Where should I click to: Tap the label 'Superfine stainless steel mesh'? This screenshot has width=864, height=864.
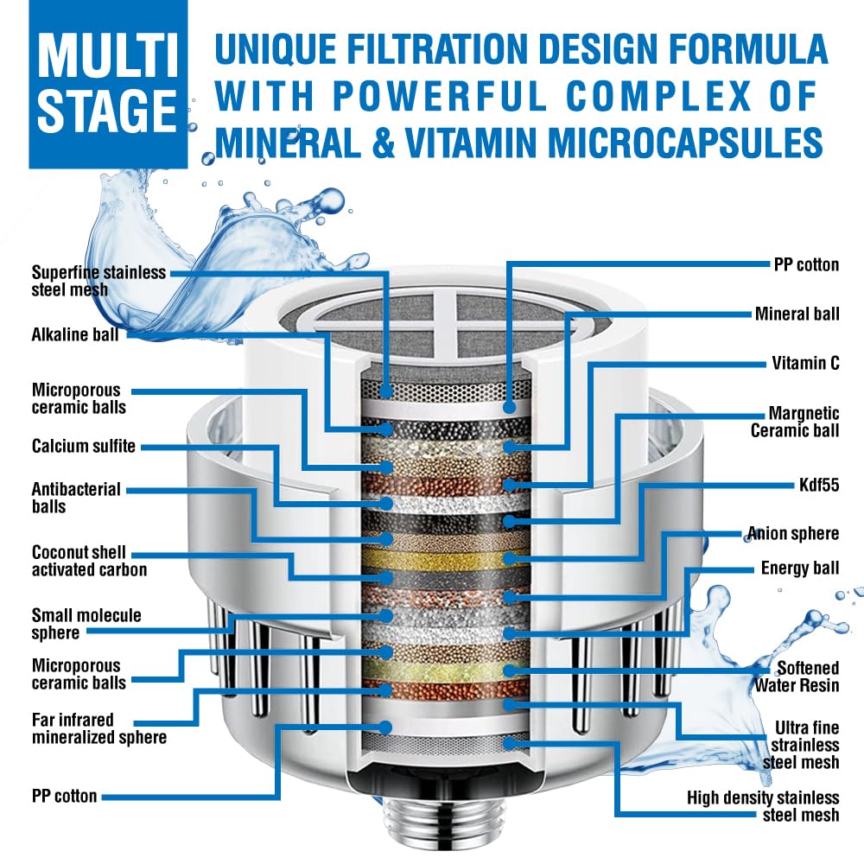tap(98, 281)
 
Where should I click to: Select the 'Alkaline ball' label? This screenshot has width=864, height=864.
tap(75, 334)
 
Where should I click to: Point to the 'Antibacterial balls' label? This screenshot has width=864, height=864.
tap(75, 498)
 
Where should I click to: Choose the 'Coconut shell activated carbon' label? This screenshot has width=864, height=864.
tap(89, 561)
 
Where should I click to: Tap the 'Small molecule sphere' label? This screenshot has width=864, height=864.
tap(86, 624)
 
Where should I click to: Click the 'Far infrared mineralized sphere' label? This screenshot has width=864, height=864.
tap(98, 727)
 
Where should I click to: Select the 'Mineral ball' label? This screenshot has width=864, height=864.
tap(797, 314)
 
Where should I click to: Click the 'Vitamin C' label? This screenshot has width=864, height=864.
tap(804, 363)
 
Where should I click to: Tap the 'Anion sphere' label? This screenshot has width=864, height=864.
tap(793, 533)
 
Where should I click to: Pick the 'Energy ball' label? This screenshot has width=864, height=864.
tap(800, 568)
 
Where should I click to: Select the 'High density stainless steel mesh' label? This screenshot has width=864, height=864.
tap(763, 805)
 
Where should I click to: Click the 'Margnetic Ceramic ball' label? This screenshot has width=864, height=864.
tap(794, 422)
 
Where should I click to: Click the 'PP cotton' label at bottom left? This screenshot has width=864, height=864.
tap(64, 796)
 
